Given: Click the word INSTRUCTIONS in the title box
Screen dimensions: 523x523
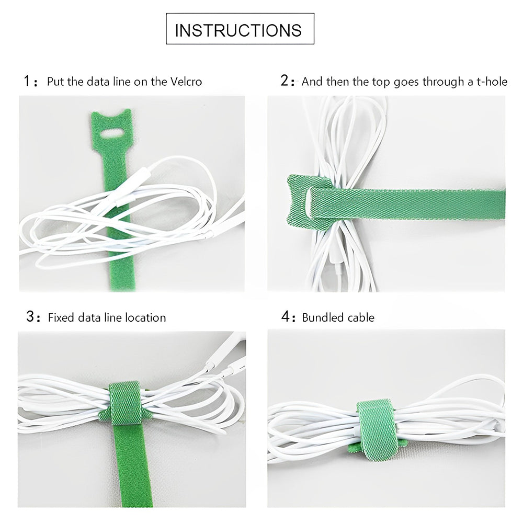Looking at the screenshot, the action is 238,30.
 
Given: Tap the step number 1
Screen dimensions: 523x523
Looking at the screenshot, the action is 27,81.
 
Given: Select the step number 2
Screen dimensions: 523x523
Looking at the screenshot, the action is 285,81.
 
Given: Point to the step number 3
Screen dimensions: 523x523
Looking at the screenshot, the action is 31,316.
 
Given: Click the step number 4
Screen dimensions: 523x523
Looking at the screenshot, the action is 286,316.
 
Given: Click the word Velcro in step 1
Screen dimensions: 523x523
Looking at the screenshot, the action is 186,82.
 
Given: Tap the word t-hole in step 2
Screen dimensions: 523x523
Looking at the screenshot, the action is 492,82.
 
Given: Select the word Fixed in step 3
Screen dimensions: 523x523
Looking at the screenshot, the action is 61,317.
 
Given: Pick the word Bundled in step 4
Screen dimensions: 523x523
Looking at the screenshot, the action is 323,317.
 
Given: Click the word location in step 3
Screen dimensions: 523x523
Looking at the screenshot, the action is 145,317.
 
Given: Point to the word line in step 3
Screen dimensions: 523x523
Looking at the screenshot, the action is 112,317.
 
